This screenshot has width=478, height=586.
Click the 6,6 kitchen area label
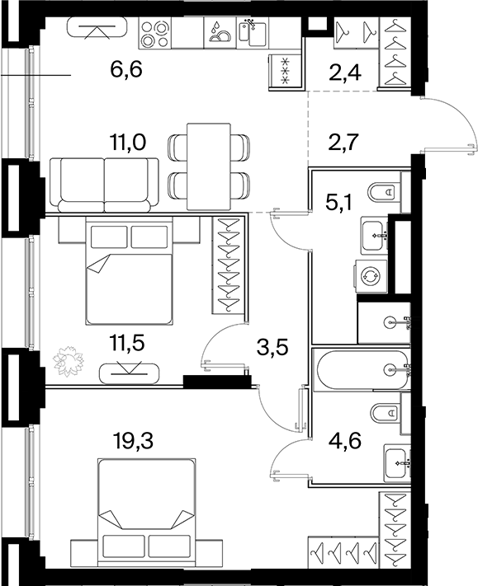point(126,69)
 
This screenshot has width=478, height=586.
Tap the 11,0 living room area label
point(127,142)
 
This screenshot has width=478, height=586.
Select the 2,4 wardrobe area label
point(345,73)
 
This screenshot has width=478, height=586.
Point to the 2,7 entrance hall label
point(343,142)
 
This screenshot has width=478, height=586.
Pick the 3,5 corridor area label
point(272,348)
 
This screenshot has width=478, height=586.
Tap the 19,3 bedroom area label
point(133,441)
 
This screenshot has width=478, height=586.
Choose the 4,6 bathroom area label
point(345,440)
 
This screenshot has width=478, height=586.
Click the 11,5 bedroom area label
point(127,343)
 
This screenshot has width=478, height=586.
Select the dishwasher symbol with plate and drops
point(220,33)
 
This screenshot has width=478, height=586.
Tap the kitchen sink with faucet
point(253,33)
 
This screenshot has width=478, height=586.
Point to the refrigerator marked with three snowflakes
point(285,70)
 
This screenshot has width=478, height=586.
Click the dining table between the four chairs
point(209,166)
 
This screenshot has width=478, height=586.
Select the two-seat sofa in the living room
point(105,185)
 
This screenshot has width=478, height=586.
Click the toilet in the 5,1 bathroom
point(384,192)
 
